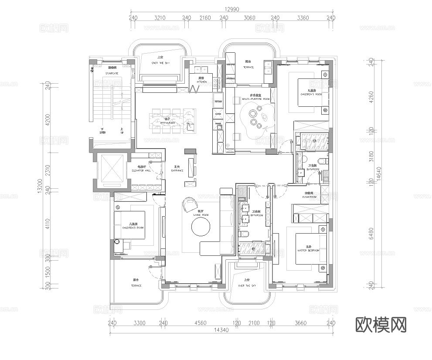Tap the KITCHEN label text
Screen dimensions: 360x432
[201, 82]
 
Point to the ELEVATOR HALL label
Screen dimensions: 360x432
[141, 170]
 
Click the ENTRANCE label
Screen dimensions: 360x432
[177, 170]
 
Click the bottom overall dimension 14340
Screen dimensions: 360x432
[221, 330]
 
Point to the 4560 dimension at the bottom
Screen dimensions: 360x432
[200, 323]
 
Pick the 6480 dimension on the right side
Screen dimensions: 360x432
[371, 232]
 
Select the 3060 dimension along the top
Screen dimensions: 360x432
[249, 18]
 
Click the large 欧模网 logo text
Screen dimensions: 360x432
[381, 324]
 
